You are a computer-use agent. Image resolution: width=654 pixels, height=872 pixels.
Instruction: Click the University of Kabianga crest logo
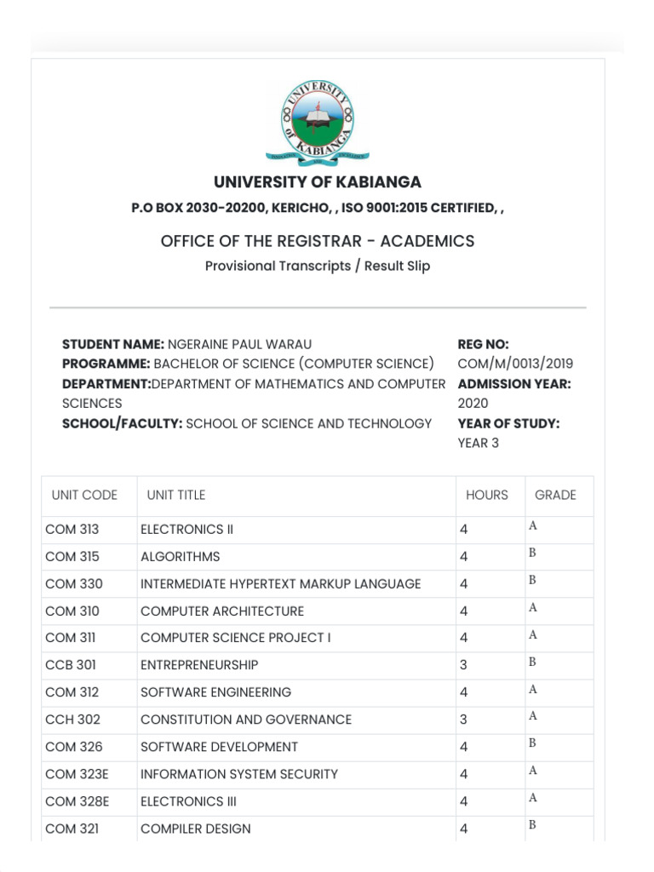[x=318, y=121]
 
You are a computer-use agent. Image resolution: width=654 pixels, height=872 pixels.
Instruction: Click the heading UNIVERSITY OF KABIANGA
[x=318, y=182]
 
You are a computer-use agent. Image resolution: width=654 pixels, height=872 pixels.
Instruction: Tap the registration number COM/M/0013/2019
[x=514, y=364]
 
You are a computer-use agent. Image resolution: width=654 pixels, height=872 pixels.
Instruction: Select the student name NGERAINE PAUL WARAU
[x=239, y=344]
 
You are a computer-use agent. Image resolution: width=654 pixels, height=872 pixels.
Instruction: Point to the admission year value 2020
[x=473, y=403]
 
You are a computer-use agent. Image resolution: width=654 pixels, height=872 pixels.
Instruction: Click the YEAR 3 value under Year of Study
[x=479, y=443]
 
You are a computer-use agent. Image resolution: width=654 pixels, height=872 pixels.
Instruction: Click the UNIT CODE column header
[x=84, y=495]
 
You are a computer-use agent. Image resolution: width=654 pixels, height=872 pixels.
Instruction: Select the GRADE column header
[x=555, y=495]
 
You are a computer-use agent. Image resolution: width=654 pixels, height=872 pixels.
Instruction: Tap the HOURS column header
[x=487, y=495]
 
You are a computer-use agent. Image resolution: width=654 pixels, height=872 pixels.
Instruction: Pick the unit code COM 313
[x=72, y=529]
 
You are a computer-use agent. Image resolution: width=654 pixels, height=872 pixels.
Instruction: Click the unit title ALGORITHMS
[x=180, y=556]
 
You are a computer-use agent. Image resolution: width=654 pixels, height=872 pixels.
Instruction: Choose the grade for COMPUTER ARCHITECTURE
[x=533, y=608]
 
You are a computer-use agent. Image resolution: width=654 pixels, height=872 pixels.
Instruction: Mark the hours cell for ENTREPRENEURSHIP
[x=464, y=665]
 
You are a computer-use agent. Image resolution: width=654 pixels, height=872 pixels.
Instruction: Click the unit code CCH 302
[x=73, y=720]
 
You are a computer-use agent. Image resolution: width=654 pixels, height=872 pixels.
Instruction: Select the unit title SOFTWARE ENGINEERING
[x=215, y=692]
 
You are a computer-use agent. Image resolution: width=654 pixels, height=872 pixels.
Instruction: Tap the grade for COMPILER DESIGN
[x=532, y=825]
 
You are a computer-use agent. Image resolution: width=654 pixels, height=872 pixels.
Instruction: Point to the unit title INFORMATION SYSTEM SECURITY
[x=238, y=774]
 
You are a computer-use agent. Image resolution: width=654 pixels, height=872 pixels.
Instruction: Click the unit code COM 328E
[x=77, y=801]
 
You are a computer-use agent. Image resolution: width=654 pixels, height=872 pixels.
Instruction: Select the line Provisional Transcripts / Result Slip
[x=318, y=266]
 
